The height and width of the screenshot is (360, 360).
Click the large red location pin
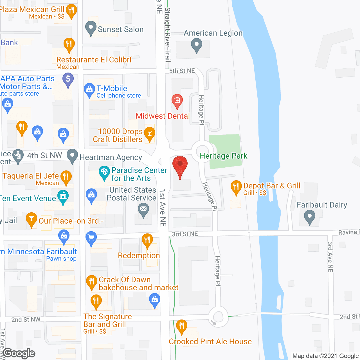(180, 165)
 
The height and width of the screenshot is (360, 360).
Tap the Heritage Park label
(223, 156)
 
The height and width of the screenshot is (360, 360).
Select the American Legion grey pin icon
(196, 44)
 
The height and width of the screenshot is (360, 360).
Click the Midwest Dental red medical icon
(177, 100)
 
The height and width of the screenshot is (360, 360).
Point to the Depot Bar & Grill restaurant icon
(236, 186)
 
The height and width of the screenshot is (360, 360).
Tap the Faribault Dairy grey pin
(309, 217)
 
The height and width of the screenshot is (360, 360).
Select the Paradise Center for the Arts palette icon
(104, 172)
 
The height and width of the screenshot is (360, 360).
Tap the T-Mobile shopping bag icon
(89, 90)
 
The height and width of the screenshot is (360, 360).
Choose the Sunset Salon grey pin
(91, 28)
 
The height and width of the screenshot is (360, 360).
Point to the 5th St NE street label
(182, 71)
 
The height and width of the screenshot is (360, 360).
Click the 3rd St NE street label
(185, 234)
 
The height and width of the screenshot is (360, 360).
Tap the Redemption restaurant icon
(147, 240)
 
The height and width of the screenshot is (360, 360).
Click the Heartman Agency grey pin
(72, 155)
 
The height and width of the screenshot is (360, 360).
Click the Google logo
(19, 353)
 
